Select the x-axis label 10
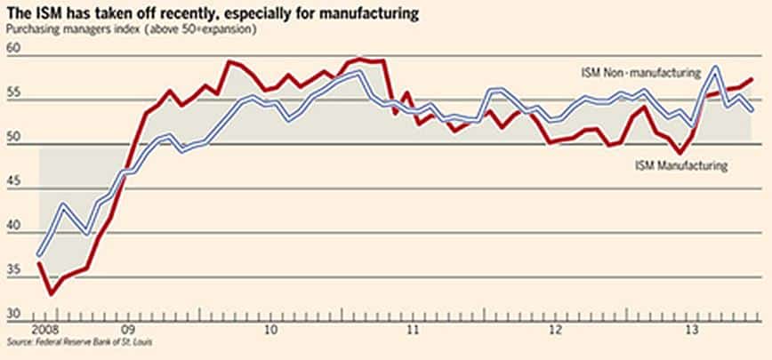[x=270, y=328]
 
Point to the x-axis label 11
[x=412, y=328]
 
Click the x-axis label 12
[x=554, y=328]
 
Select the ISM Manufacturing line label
[x=681, y=165]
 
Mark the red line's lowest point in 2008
[x=52, y=293]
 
